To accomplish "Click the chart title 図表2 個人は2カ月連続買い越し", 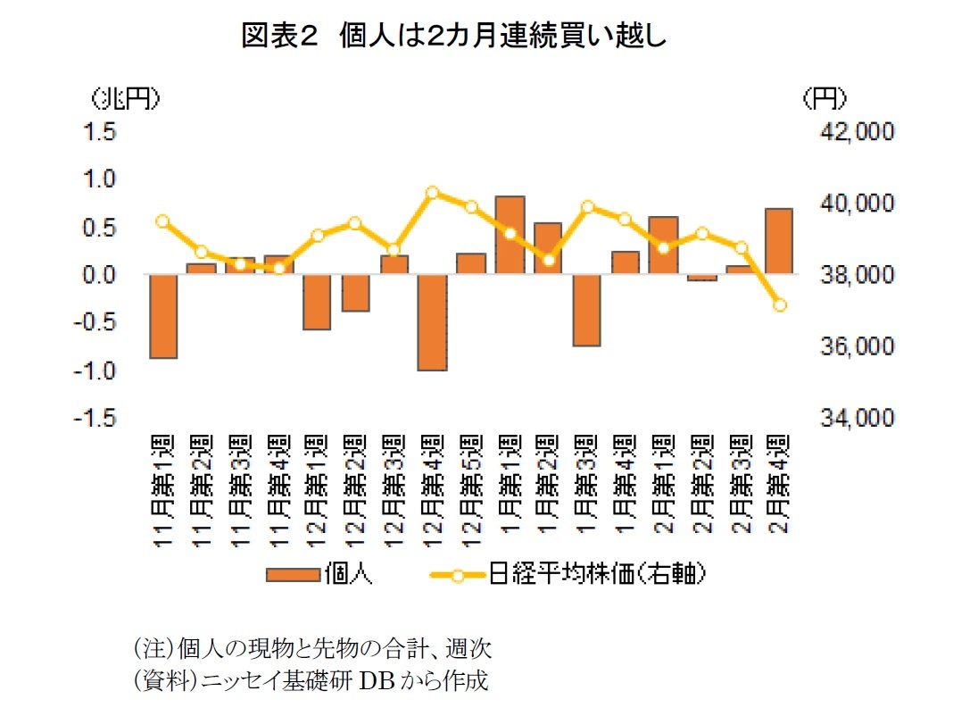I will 455,37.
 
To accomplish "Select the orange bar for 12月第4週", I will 433,322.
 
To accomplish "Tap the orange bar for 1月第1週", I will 510,235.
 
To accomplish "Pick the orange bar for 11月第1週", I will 163,316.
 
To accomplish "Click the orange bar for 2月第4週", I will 778,241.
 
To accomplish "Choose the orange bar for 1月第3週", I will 586,310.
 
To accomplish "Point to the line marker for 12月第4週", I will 433,193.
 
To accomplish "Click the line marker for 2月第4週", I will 778,305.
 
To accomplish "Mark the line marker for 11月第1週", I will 163,221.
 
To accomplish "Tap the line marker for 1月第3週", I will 586,207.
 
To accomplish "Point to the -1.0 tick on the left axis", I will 99,370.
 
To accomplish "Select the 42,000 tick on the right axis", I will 843,132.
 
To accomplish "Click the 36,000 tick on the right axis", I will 843,346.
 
